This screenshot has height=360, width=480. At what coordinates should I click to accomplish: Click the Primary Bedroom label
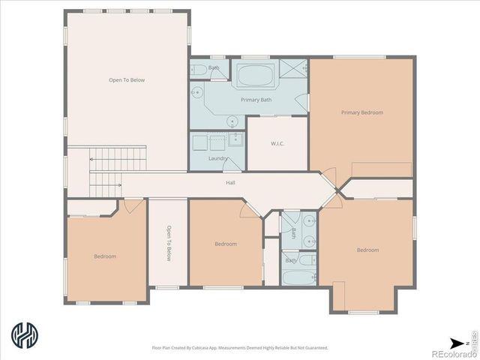361,112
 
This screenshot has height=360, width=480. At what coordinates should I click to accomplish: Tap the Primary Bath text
256,100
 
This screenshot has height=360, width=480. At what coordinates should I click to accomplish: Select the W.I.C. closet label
277,144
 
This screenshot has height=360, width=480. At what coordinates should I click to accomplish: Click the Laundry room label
218,158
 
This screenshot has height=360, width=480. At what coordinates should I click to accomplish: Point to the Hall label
231,182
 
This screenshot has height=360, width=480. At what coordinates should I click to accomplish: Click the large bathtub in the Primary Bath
256,76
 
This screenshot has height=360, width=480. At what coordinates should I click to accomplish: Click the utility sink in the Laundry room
235,139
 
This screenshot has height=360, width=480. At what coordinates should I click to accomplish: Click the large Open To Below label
126,79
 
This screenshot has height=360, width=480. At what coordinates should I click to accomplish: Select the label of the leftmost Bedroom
105,256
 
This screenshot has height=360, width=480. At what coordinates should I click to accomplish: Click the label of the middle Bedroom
226,244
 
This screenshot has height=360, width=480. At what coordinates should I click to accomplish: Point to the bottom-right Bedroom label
367,250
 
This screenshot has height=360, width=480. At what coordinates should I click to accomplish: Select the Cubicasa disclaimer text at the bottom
239,347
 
